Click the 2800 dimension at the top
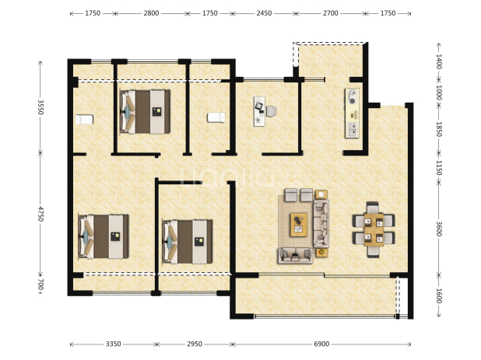(151, 13)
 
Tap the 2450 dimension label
(264, 13)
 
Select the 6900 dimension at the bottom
(321, 344)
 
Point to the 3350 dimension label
(114, 344)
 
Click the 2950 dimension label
(195, 344)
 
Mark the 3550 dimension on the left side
(40, 107)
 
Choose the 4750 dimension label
(40, 214)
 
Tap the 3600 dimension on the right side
(439, 229)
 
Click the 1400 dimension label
(439, 61)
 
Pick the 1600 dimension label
(439, 295)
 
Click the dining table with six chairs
(374, 229)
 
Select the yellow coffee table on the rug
(299, 225)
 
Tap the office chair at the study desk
(272, 111)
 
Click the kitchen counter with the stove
(352, 113)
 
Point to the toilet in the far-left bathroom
(84, 119)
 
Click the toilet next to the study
(216, 117)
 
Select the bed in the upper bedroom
(145, 112)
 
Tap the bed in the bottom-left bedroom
(104, 236)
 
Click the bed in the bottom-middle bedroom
(188, 242)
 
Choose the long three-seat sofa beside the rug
(321, 224)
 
